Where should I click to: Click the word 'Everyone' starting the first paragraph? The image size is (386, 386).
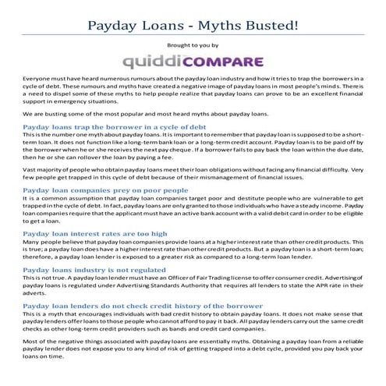(x=36, y=80)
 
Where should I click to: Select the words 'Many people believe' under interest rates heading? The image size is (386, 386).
(x=54, y=243)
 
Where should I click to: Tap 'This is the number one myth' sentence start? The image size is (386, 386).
(x=62, y=136)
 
